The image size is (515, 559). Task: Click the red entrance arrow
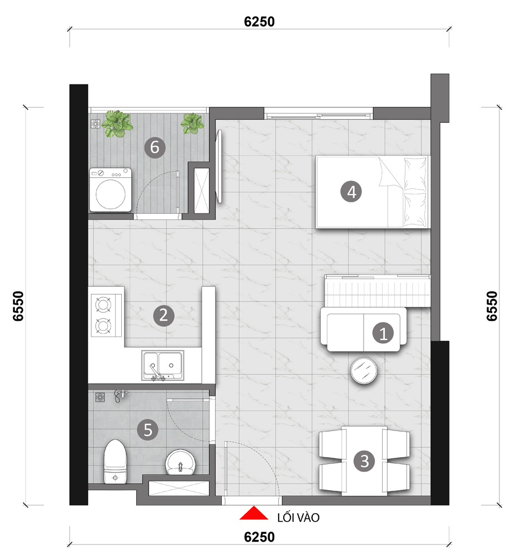[254, 513]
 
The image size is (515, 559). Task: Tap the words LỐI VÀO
[298, 518]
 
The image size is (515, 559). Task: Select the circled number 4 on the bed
[351, 192]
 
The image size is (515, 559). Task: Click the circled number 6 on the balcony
[155, 147]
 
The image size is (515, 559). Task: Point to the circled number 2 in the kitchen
[164, 315]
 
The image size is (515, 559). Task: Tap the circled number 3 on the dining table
[364, 461]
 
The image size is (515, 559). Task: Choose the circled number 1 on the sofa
[383, 333]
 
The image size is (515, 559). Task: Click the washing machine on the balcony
[111, 190]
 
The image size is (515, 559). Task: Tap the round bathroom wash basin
[180, 462]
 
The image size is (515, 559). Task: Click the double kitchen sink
[163, 365]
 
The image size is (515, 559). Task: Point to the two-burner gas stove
[106, 315]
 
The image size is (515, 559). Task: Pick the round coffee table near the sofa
[364, 371]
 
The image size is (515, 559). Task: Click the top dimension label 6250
[259, 22]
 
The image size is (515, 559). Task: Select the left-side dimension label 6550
[18, 306]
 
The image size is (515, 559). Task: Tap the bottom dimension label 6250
[259, 537]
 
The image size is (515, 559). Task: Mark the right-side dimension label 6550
[492, 306]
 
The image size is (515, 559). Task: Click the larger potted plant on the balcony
[117, 124]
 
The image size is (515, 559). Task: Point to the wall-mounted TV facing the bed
[220, 166]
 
